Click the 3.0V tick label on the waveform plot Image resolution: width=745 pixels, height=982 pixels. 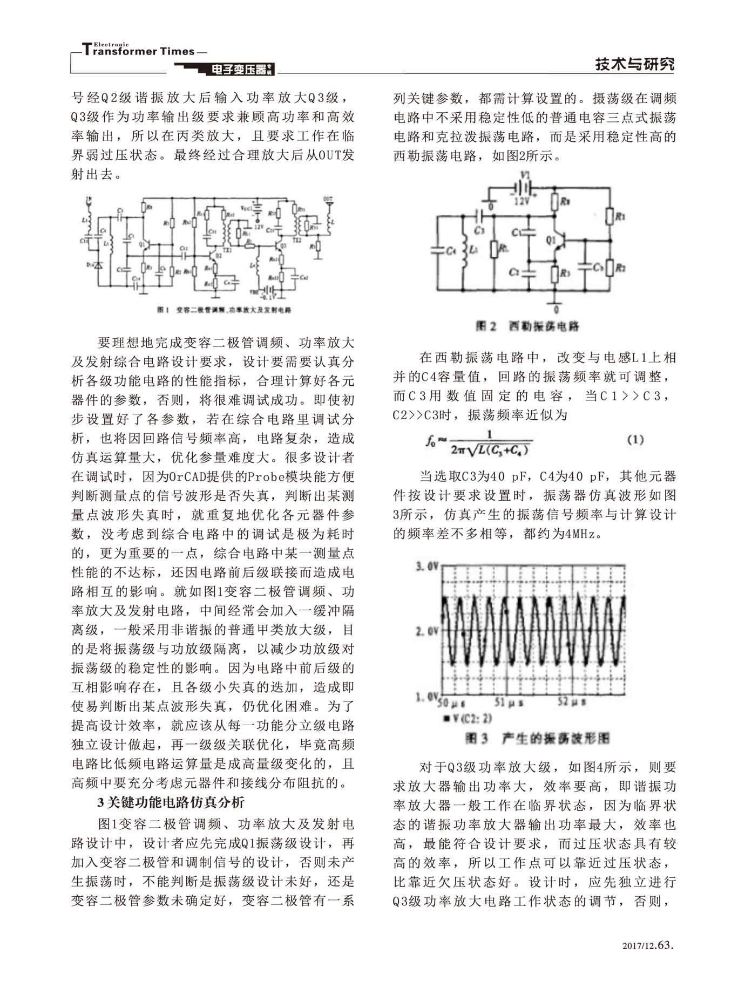coord(426,567)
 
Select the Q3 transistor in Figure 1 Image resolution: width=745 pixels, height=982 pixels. coord(281,246)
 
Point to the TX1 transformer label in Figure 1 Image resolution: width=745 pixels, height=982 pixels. coord(227,251)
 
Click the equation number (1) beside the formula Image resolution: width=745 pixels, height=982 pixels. coord(635,440)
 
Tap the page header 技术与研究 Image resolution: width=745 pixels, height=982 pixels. coord(634,64)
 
